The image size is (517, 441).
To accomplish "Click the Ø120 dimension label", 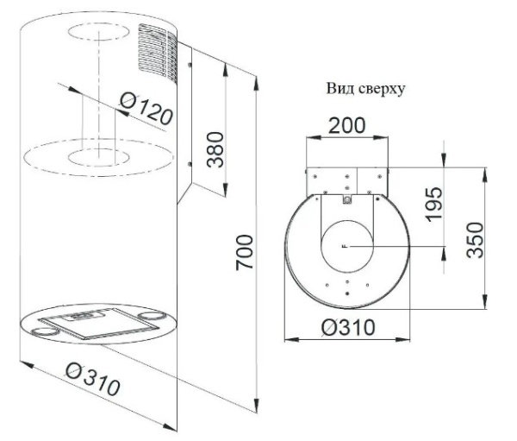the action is coord(146,109).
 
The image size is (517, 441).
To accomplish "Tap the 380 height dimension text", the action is coord(215,149).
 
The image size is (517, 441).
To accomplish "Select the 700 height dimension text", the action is coord(245,252).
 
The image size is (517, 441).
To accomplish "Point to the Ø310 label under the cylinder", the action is coord(93,379).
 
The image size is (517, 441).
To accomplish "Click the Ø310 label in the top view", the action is coord(348,327).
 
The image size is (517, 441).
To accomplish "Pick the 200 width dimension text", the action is coord(347,125).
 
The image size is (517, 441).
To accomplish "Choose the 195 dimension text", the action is coord(433,205).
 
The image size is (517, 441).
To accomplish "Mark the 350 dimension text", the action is coord(475,240).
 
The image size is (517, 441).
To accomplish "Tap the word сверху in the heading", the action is coord(381,90).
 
